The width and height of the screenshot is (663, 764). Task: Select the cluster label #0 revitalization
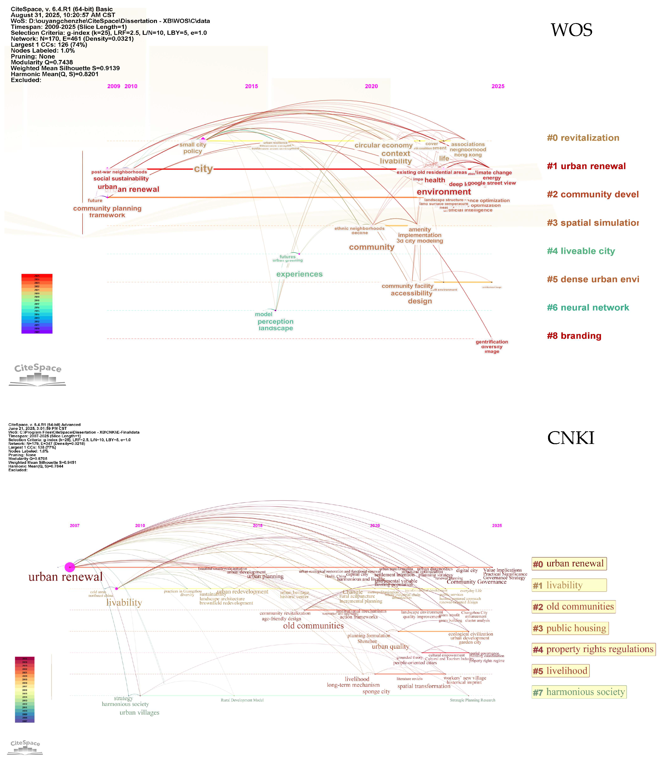point(583,138)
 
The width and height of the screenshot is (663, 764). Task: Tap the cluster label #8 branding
point(574,336)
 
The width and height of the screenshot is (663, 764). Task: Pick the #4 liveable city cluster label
point(581,251)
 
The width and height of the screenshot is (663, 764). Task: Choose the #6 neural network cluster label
point(588,308)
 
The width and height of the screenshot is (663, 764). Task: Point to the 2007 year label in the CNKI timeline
point(75,525)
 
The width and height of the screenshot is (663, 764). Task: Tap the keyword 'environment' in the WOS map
point(444,192)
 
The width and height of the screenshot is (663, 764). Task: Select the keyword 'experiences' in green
point(299,274)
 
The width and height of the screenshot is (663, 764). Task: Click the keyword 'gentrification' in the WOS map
point(492,342)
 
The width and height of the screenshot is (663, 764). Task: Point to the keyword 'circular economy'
point(383,145)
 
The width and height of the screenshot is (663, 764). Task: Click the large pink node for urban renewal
point(69,567)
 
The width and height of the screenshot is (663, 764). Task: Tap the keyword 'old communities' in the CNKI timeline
point(313,626)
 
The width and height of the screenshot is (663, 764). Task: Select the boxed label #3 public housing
point(570,628)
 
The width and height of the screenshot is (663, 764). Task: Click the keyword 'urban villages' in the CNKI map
point(139,712)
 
